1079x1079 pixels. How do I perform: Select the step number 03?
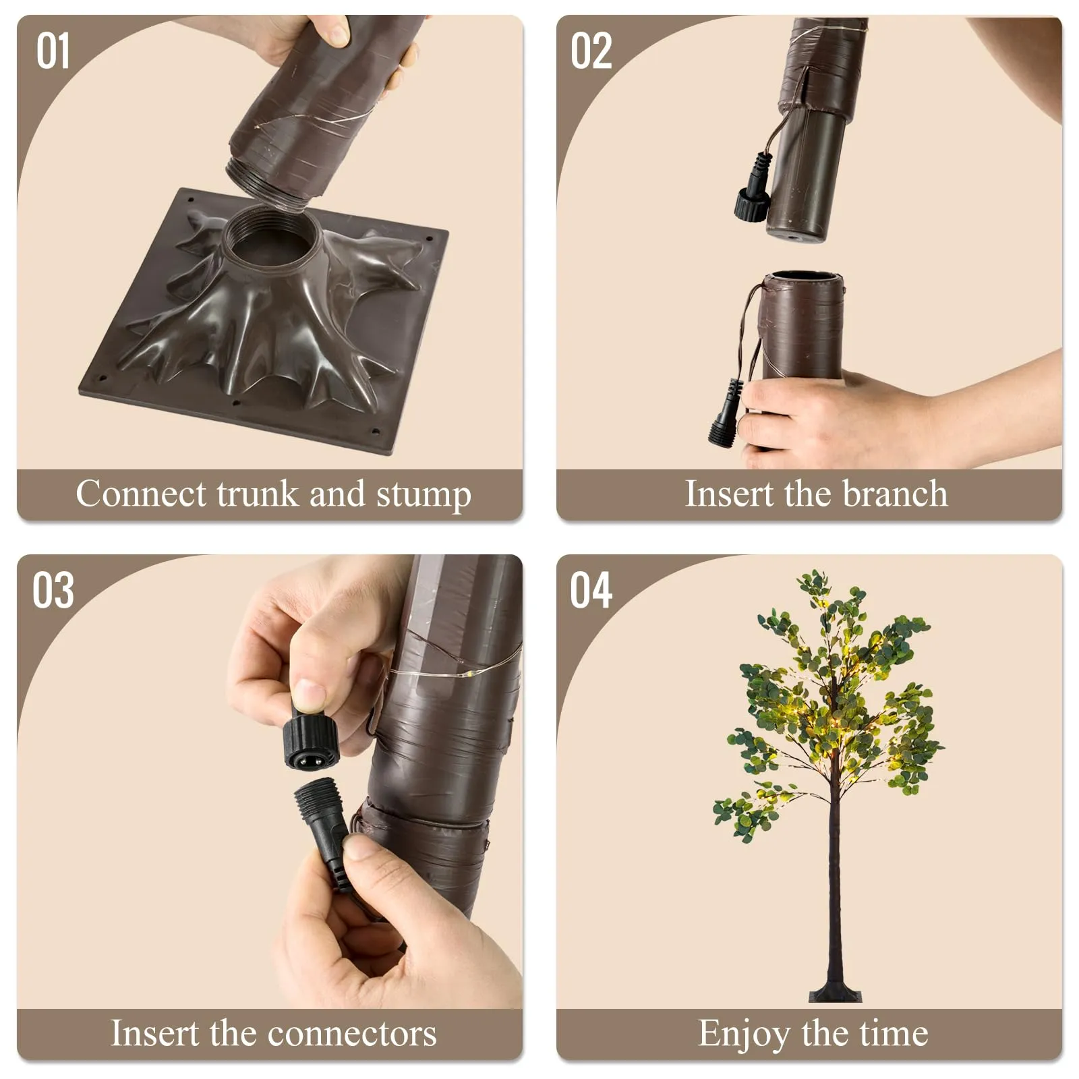[x=53, y=591]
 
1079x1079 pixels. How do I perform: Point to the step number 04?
[x=591, y=591]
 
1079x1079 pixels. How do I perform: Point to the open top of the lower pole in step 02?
[x=802, y=278]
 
